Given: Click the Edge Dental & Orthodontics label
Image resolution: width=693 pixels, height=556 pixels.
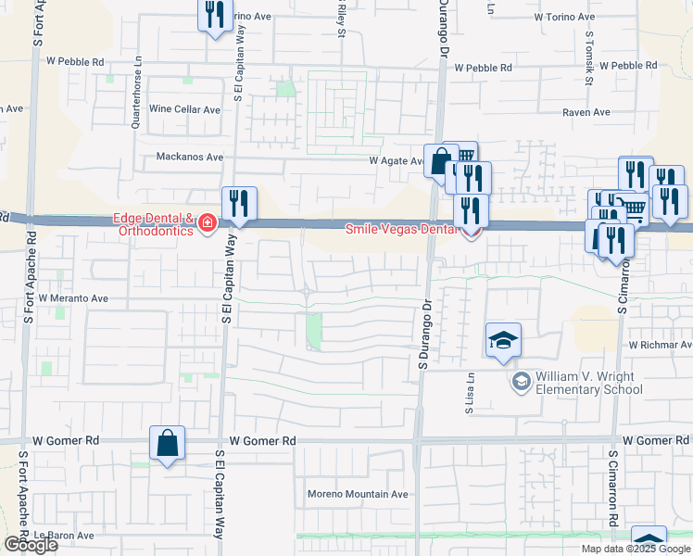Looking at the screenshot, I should [153, 224].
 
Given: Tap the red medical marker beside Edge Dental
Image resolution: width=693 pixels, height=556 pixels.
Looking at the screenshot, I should [206, 223].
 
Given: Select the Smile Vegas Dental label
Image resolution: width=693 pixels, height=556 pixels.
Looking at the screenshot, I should [403, 229].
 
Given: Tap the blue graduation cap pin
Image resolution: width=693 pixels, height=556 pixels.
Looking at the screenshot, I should [502, 340].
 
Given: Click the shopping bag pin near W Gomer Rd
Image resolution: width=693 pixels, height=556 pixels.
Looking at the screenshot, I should [167, 444].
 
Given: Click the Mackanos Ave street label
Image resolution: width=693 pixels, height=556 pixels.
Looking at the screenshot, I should [190, 158].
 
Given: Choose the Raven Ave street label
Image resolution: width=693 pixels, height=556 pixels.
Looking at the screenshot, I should [586, 112].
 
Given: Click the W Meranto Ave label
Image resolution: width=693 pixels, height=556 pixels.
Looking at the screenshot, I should [74, 299].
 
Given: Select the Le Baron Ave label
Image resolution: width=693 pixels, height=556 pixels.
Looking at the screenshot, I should [65, 536].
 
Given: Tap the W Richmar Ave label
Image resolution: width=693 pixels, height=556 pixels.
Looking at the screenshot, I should [660, 345].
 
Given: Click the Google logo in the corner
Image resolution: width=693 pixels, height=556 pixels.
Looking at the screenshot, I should [31, 545].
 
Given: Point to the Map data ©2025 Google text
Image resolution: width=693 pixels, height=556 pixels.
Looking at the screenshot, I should [634, 549].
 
